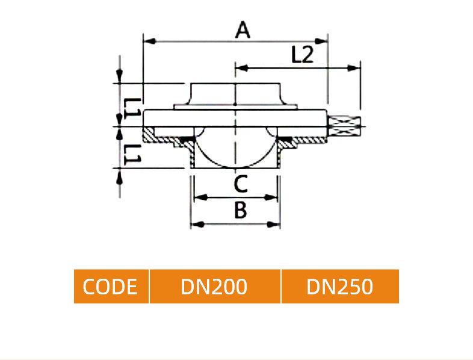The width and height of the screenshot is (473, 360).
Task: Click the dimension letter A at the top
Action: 243,29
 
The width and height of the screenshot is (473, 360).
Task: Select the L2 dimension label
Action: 303,54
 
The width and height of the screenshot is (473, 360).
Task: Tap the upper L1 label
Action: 132,108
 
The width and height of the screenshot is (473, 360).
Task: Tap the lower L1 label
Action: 132,154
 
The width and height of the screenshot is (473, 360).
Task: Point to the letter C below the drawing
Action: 241,184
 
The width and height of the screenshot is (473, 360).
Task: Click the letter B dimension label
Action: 241,210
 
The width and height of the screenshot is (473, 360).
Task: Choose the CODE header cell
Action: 111,287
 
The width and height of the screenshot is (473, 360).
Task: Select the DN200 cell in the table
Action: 215,287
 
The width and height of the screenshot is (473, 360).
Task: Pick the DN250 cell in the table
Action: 340,287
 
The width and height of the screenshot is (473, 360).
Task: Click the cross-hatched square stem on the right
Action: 344,126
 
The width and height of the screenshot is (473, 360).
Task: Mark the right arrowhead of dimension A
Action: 321,41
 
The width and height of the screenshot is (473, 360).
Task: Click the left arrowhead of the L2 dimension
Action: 242,68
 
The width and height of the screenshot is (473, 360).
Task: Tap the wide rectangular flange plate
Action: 235,118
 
